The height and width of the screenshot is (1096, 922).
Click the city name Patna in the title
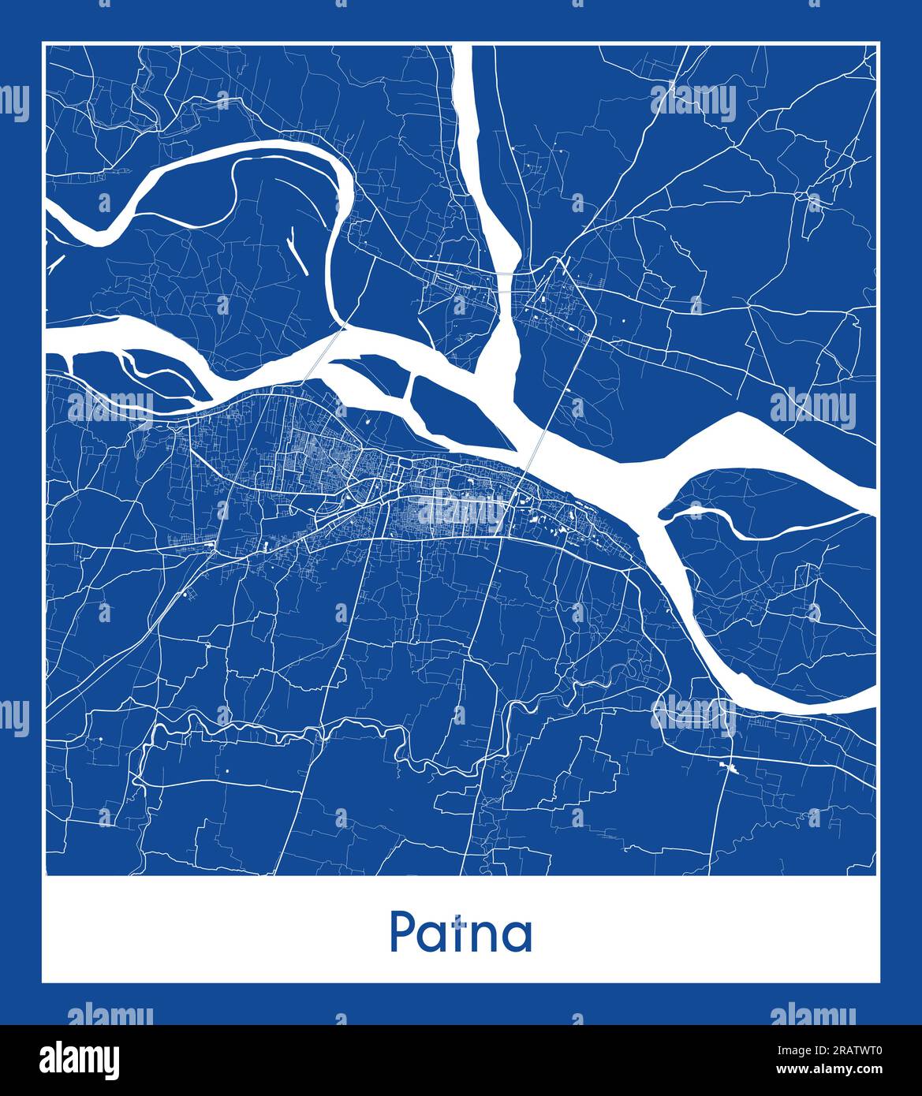pos(461,933)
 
